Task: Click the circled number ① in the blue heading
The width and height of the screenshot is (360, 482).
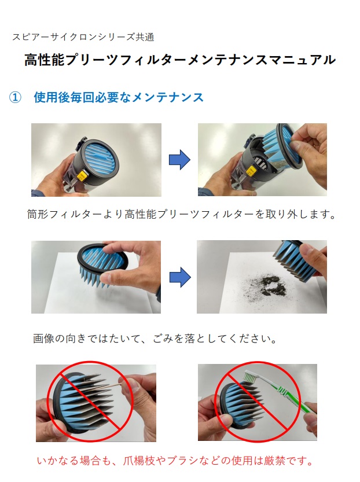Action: (16, 98)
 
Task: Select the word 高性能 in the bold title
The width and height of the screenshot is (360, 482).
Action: (44, 60)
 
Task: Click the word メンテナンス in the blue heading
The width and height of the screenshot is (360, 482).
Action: (167, 97)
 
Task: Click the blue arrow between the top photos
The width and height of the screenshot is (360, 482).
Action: (179, 160)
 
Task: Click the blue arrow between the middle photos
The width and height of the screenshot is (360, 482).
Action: (180, 277)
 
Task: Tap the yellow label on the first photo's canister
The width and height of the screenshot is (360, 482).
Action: (83, 176)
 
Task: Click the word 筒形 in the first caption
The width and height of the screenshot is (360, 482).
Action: (38, 214)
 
